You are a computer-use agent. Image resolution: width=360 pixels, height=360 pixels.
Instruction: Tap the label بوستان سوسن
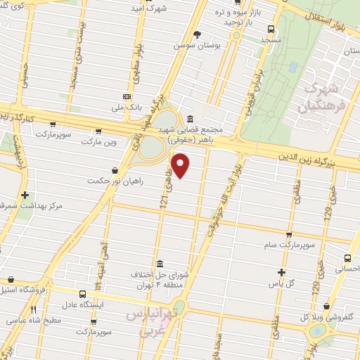(198, 44)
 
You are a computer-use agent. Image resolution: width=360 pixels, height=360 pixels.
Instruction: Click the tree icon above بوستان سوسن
(198, 34)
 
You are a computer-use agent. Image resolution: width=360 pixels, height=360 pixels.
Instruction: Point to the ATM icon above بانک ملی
(127, 96)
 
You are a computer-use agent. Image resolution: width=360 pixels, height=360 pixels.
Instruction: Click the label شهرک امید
(147, 8)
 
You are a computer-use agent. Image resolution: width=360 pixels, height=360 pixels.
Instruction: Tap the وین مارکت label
(97, 142)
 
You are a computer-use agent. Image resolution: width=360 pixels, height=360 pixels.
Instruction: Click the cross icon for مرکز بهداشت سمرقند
(25, 195)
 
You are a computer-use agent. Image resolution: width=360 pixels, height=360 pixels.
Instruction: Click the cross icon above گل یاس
(282, 271)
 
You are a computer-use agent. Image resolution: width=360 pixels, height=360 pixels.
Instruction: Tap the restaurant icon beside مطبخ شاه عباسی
(33, 309)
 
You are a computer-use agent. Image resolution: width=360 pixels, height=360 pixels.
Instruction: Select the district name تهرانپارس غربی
(154, 321)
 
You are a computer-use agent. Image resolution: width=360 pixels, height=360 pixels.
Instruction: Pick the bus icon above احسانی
(349, 258)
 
